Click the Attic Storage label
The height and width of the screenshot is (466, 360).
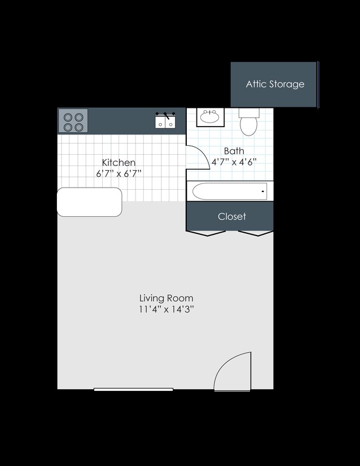click(275, 84)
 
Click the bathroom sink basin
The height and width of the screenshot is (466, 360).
click(210, 118)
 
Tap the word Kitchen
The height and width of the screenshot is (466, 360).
click(118, 163)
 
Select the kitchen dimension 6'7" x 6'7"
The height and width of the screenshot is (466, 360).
click(118, 173)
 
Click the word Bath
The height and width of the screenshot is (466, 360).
click(234, 151)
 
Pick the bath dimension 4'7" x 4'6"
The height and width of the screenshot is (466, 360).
click(234, 162)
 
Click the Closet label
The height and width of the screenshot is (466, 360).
click(232, 216)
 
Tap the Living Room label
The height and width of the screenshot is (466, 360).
click(166, 298)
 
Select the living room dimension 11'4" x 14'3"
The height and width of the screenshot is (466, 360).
click(166, 309)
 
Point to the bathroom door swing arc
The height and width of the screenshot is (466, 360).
click(196, 156)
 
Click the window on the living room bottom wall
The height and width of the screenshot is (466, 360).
click(134, 389)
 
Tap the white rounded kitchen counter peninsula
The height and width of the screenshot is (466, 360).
click(90, 202)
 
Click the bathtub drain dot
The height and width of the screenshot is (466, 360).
click(263, 191)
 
